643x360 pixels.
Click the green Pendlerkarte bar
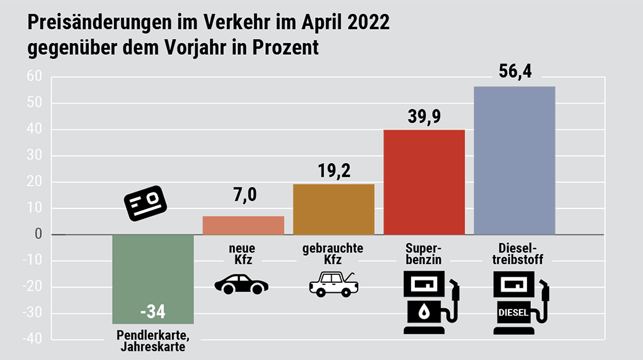coord(153,271)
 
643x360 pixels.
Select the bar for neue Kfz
coord(244,226)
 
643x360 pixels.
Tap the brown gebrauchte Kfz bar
coord(334,210)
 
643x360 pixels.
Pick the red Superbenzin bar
coord(424,182)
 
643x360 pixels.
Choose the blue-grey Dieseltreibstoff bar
coord(514,160)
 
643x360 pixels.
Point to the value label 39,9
coord(424,116)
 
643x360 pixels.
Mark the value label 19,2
coord(334,170)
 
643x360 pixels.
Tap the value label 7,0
coord(244,196)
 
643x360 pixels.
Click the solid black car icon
coord(241,285)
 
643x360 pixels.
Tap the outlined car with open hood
coord(334,285)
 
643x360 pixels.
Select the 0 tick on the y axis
coord(38,235)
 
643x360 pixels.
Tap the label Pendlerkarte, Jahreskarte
coord(153,341)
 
